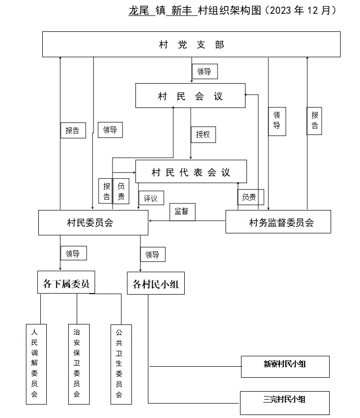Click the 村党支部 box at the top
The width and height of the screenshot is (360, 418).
pos(191,44)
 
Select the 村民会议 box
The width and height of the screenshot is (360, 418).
pos(190,96)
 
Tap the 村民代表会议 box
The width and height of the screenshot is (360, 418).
pos(191,171)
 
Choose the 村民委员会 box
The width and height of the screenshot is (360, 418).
pos(93,222)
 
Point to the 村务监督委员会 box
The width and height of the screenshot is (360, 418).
pos(278,221)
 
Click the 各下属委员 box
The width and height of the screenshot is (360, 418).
pos(66,282)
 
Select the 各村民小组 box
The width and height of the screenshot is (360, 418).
pos(156,283)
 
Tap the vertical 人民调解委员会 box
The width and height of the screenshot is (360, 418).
pos(36,364)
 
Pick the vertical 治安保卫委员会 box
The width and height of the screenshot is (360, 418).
pos(79,364)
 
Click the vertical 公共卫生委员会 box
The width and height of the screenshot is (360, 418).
pos(121,364)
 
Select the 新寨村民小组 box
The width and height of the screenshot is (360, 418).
pos(285,367)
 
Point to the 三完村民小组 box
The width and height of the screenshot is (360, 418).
pos(285,403)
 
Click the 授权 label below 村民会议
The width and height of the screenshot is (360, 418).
pos(203,135)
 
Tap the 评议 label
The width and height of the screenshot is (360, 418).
pos(151,198)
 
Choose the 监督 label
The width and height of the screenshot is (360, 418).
pos(182,212)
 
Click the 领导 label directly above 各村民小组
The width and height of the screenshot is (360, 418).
pos(153,255)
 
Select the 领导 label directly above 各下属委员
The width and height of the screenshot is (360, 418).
pos(74,253)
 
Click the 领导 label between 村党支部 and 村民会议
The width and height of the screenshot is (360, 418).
pos(205,72)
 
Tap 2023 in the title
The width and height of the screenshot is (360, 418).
pos(280,10)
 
